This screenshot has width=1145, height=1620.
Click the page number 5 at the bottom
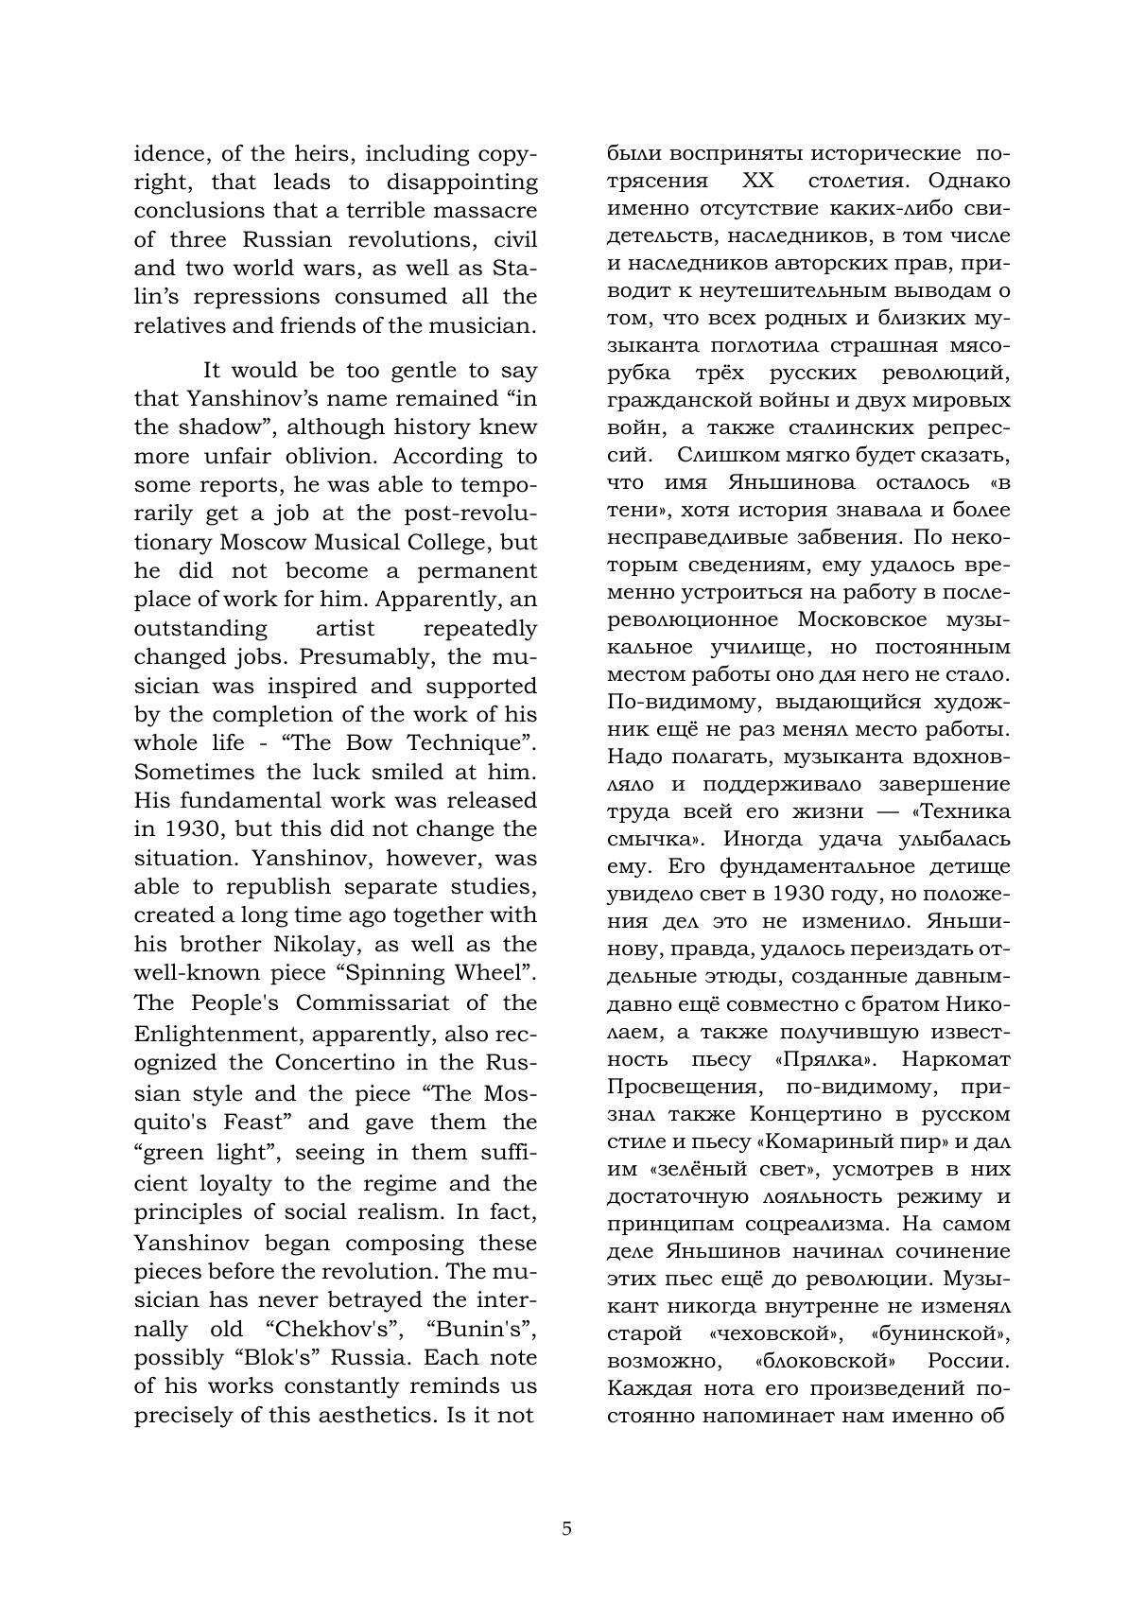566,1528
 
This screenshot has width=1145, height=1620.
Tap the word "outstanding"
200,628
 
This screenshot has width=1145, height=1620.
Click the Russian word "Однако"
969,180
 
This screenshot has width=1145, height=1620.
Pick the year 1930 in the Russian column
799,893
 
